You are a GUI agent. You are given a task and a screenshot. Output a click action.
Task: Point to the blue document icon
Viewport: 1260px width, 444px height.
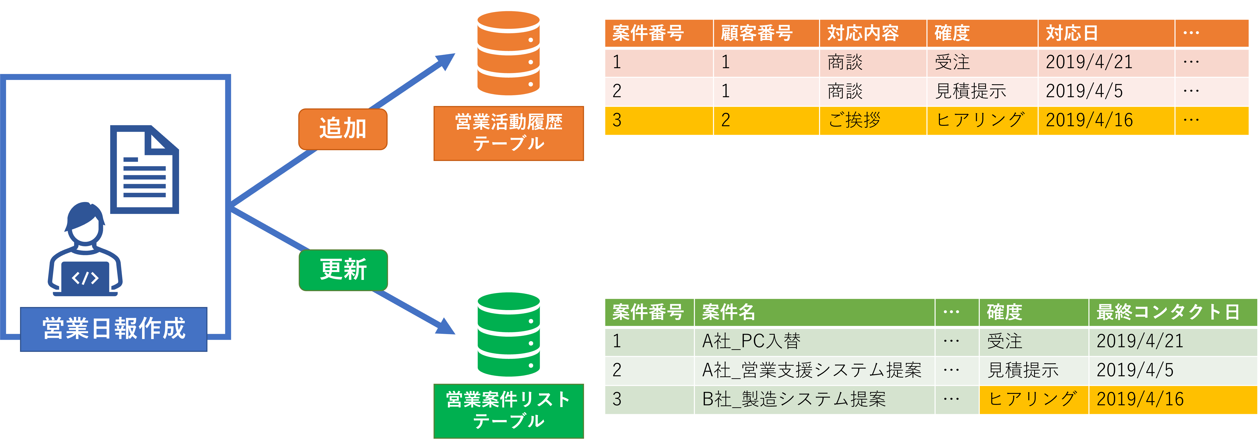(144, 170)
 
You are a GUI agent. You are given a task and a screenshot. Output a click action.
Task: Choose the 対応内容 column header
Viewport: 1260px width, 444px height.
(873, 33)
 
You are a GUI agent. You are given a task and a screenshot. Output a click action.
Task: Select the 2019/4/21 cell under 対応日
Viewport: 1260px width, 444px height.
(1105, 62)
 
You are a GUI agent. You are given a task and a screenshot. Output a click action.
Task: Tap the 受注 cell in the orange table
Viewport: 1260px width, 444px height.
(982, 62)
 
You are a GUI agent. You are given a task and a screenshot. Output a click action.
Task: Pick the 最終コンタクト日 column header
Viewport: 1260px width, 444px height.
(1172, 312)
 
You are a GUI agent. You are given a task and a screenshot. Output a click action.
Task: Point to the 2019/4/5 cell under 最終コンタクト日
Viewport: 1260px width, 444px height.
(1172, 370)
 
